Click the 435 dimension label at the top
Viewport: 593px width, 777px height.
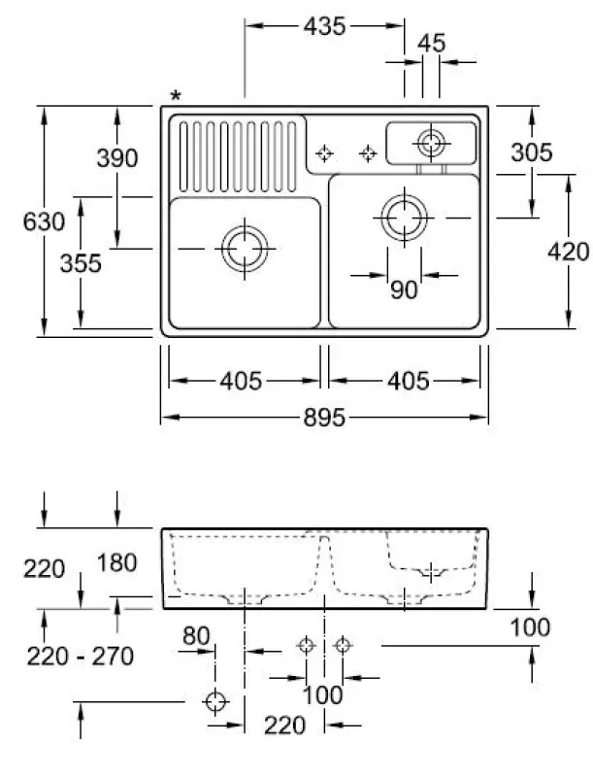[x=324, y=26]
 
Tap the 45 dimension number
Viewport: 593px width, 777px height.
[x=431, y=44]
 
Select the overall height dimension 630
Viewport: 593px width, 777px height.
[x=44, y=221]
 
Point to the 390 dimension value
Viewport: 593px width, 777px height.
[x=117, y=158]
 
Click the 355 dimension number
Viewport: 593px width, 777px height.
[x=81, y=263]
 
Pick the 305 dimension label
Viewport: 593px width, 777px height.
[x=532, y=152]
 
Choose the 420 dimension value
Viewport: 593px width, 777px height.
[x=568, y=252]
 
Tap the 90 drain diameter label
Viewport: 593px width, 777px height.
[x=404, y=289]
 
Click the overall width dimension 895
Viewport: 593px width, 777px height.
[x=324, y=418]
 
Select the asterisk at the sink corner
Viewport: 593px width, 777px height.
[x=176, y=95]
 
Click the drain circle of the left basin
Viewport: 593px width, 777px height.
[x=245, y=249]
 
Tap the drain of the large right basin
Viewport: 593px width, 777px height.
[x=405, y=218]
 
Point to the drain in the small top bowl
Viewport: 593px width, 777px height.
[x=431, y=143]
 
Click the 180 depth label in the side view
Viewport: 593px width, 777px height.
[x=116, y=563]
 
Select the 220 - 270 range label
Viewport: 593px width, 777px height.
[x=81, y=657]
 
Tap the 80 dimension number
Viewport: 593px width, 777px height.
[x=196, y=636]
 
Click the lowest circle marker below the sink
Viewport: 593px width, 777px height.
[x=215, y=701]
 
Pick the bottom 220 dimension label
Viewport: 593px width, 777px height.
[x=284, y=726]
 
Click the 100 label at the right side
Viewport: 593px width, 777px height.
[x=530, y=627]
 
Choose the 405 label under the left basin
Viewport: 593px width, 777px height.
[x=241, y=382]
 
